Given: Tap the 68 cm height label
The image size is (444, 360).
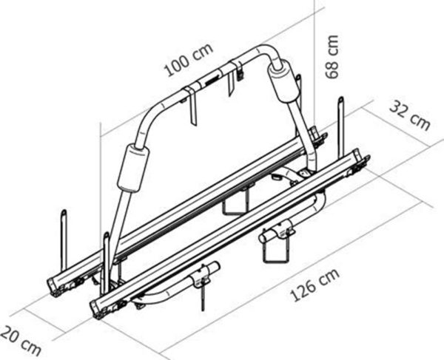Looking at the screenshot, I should tap(333, 55).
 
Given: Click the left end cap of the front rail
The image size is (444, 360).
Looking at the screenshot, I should tap(97, 308).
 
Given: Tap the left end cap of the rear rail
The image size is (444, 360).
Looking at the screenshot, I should tap(56, 285).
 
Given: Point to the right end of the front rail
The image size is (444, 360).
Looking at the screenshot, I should tap(360, 159).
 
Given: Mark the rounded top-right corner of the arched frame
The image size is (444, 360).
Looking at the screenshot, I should tap(267, 54).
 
